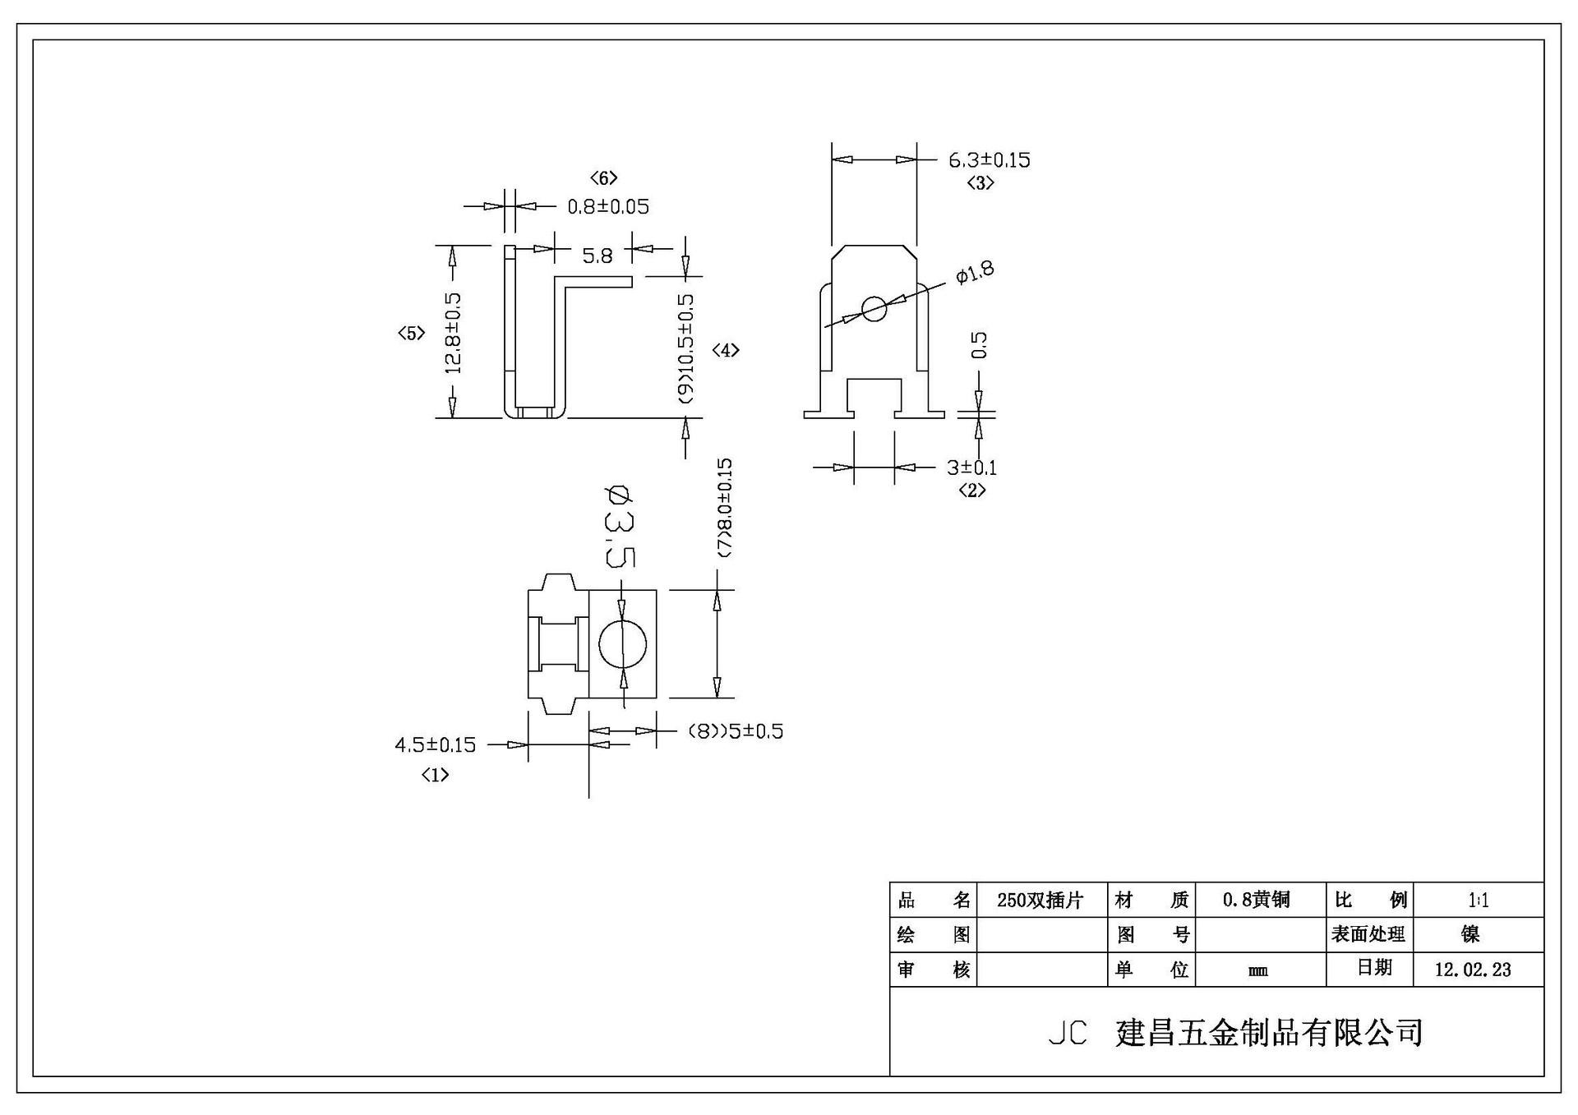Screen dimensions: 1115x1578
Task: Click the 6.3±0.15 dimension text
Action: [x=989, y=159]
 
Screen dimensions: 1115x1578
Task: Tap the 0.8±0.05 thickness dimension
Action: [x=608, y=206]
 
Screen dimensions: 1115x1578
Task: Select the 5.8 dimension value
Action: [x=598, y=256]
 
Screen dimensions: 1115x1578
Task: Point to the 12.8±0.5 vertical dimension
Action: [x=453, y=333]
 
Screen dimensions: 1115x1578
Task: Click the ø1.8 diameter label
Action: [x=975, y=272]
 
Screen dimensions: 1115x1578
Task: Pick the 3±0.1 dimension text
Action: [x=971, y=468]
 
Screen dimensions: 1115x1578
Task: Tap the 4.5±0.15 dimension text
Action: [x=436, y=745]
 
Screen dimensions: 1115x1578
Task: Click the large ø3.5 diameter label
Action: [x=619, y=527]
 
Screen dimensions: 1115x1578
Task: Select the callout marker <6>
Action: [x=603, y=177]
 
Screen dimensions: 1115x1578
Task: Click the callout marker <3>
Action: [x=980, y=182]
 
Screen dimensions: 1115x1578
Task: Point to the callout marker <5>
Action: [x=411, y=333]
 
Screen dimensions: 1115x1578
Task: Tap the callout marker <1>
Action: [x=435, y=774]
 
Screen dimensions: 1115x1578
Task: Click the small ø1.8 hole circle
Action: [x=874, y=309]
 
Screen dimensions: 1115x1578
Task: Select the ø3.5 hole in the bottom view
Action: [x=622, y=645]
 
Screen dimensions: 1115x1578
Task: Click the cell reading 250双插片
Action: [x=1040, y=901]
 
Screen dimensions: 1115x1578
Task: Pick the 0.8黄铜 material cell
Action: [x=1257, y=901]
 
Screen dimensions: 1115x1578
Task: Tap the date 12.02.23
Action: [x=1473, y=970]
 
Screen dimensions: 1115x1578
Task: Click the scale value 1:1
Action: [x=1478, y=901]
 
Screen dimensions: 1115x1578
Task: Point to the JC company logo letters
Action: [x=1068, y=1033]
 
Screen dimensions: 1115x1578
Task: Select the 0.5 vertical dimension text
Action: [x=979, y=345]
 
